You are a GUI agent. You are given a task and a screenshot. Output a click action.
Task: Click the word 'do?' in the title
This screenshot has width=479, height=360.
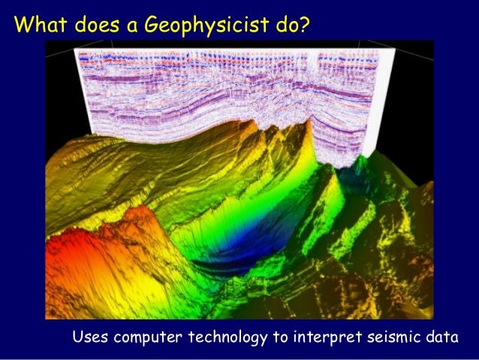point(291,26)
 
